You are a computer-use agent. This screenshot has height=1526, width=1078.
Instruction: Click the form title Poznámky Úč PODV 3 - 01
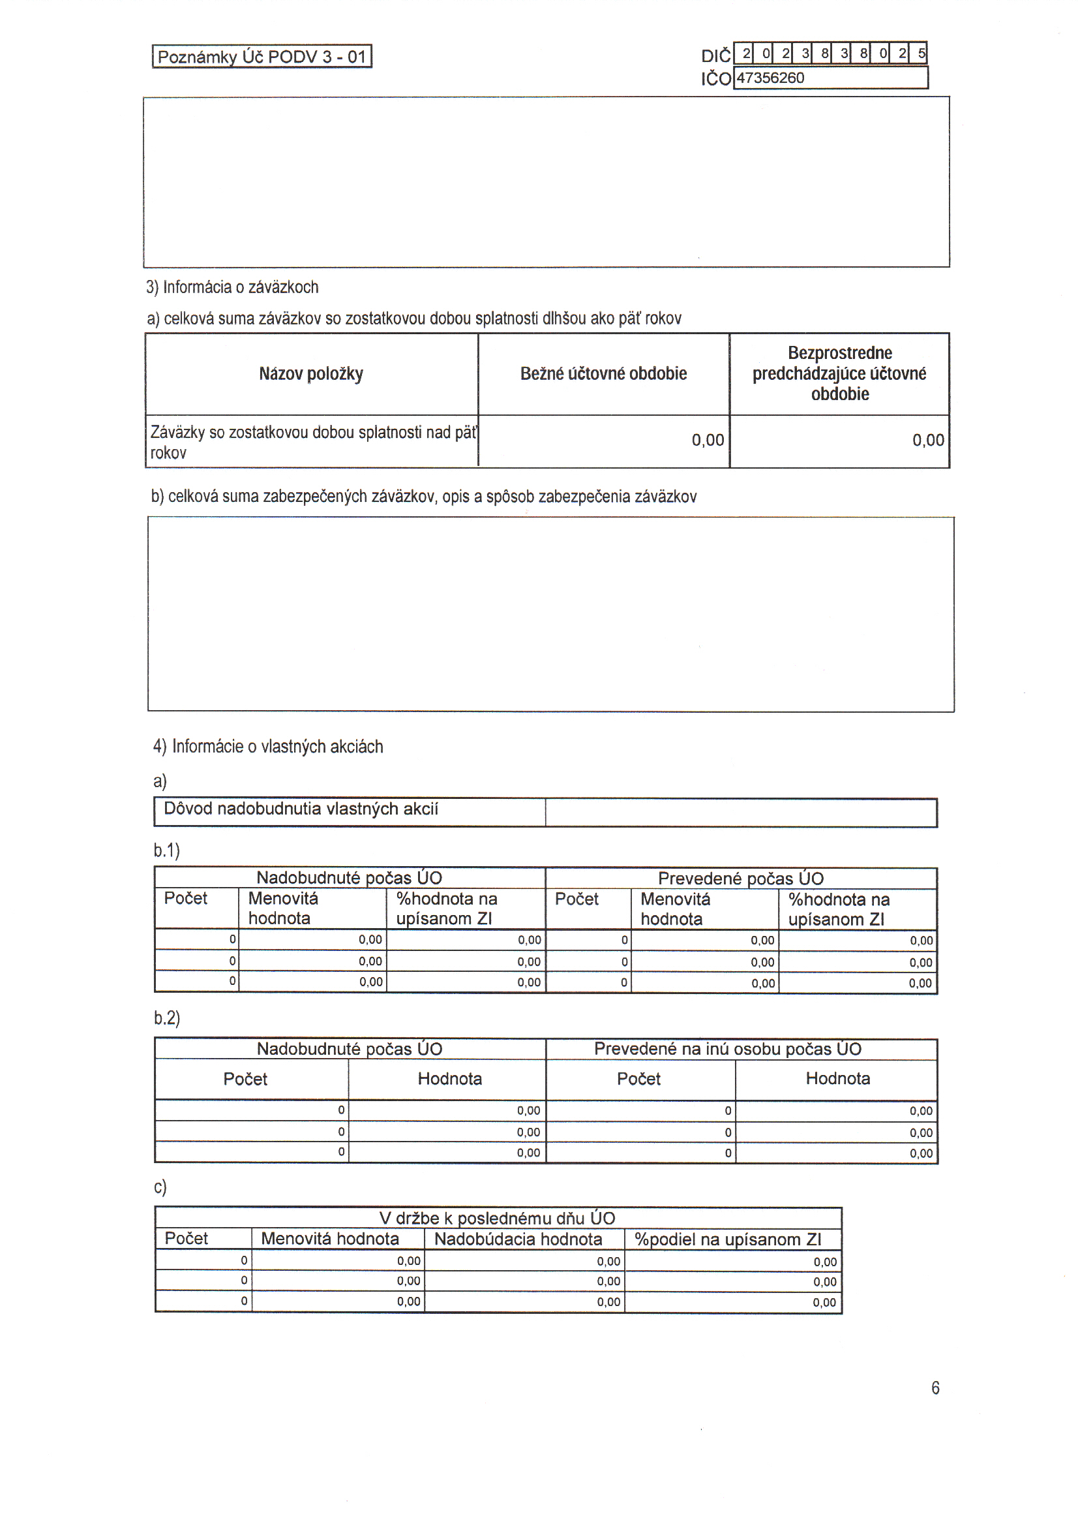pos(262,57)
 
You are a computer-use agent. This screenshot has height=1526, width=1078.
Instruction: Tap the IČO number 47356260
pos(770,78)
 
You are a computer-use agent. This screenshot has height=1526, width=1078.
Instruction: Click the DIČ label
pos(715,56)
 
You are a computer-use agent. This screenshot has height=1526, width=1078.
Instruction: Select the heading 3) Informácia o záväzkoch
pos(232,287)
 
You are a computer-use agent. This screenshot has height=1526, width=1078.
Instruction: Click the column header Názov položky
pos(311,373)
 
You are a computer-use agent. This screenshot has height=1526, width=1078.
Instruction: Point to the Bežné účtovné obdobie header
pos(603,373)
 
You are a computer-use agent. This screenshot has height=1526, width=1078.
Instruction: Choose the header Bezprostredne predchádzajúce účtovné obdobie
pos(839,373)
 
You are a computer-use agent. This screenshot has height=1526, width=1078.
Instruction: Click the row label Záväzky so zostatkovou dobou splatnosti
pos(312,442)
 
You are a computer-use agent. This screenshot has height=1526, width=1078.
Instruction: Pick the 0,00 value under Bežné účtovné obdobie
pos(708,440)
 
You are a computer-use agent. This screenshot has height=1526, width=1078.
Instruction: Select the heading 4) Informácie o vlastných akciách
pos(268,747)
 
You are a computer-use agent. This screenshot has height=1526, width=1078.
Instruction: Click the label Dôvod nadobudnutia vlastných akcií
pos(301,809)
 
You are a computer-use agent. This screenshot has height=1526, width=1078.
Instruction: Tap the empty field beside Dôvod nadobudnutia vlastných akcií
pos(741,813)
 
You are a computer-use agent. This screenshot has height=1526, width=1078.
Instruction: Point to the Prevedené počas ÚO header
pos(741,879)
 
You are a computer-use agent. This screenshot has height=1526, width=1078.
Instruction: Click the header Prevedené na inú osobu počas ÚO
pos(727,1049)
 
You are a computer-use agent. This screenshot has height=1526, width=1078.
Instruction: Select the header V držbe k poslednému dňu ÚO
pos(497,1219)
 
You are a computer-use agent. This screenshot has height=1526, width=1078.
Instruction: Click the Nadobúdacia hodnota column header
pos(518,1239)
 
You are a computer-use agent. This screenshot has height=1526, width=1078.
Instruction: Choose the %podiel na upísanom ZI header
pos(728,1239)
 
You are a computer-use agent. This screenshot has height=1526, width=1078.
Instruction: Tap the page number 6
pos(935,1388)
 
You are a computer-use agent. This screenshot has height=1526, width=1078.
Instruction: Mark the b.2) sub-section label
pos(167,1018)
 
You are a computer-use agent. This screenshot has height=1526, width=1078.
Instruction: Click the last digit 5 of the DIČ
pos(921,53)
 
